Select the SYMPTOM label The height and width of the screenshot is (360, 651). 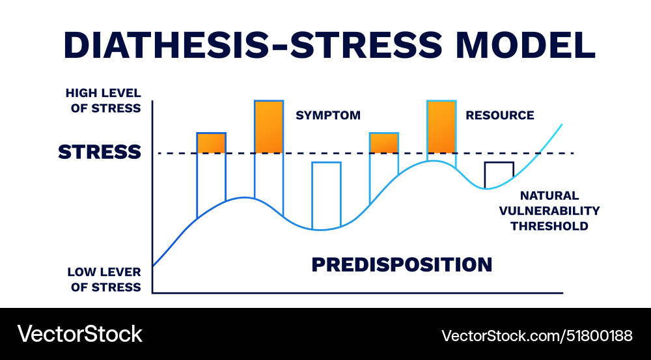coord(328,115)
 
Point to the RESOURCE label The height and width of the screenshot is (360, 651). coord(499,115)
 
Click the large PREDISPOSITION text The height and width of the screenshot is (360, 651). coord(402,264)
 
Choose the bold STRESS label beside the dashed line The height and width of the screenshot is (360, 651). coord(100,152)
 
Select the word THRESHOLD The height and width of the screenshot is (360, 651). coord(549,227)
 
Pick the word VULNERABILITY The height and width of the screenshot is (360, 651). coord(549,211)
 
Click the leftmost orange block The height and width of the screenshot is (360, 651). coord(212,143)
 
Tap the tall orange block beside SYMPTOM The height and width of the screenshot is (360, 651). coord(269,127)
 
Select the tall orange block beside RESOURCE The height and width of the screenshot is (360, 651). coord(441,127)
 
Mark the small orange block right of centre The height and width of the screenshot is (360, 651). coord(384,143)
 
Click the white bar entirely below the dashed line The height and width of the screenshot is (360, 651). coord(326,194)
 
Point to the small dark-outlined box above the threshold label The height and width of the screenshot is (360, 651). coord(499,173)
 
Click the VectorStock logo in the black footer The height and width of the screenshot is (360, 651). coord(79,334)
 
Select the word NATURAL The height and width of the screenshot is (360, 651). coord(549,195)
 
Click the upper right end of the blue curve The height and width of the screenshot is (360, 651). coord(561,124)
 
